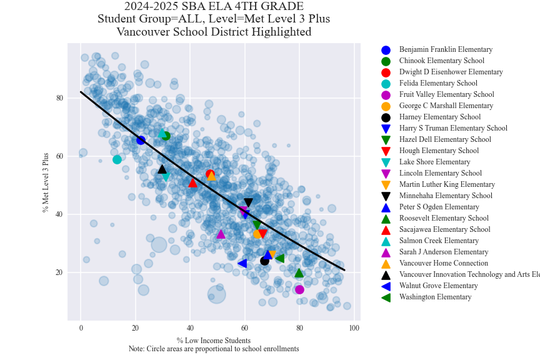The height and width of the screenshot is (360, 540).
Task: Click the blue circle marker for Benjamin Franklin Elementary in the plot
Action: [141, 140]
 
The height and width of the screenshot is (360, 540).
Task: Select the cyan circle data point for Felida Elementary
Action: [117, 159]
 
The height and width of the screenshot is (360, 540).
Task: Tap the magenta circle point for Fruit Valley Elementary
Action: [299, 289]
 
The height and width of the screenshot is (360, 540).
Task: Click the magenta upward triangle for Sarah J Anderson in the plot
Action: [221, 234]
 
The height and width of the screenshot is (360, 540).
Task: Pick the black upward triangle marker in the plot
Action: [162, 169]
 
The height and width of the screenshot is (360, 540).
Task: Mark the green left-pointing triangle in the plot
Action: [280, 258]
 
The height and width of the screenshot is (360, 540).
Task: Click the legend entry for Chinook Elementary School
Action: [441, 61]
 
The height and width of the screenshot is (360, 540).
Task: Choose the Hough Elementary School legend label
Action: [439, 151]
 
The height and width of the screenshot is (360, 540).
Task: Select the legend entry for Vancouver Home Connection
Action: [444, 263]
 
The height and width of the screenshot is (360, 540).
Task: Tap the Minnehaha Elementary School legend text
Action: [446, 196]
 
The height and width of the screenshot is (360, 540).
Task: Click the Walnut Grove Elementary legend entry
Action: [438, 286]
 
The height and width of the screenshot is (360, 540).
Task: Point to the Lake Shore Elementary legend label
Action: [434, 162]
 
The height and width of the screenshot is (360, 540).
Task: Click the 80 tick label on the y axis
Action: [59, 98]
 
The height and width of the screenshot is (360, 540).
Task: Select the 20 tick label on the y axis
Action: [59, 272]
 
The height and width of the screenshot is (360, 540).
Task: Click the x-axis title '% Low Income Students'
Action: [214, 341]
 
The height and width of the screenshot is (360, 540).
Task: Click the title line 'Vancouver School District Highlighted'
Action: [214, 32]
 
